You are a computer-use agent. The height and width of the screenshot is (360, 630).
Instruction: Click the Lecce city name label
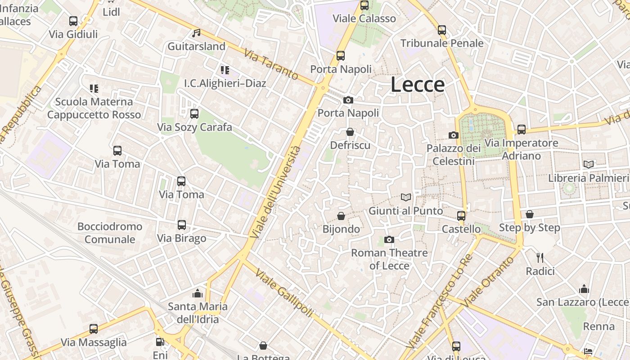click(x=418, y=84)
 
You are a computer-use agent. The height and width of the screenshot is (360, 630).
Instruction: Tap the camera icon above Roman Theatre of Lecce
click(x=389, y=239)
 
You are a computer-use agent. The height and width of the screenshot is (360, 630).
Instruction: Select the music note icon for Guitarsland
click(x=196, y=33)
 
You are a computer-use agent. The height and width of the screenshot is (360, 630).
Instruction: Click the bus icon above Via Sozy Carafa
click(x=194, y=114)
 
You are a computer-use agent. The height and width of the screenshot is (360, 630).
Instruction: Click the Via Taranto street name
click(x=271, y=64)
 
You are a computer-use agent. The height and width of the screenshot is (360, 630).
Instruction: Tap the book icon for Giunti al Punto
click(x=406, y=197)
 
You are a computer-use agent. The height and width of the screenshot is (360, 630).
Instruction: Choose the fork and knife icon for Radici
click(x=540, y=258)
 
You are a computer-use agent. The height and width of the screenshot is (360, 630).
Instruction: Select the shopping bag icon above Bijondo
click(x=341, y=216)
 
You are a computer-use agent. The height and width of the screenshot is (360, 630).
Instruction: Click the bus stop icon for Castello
click(x=461, y=216)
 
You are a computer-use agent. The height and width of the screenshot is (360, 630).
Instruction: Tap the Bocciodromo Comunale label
click(x=110, y=233)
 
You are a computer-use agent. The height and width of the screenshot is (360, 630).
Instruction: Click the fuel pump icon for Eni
click(x=160, y=342)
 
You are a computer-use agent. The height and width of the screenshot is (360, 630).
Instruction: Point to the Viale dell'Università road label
click(x=275, y=193)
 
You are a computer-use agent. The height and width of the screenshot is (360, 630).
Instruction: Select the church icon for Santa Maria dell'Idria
click(x=198, y=293)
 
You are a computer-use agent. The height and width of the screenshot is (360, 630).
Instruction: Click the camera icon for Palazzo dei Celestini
click(x=454, y=135)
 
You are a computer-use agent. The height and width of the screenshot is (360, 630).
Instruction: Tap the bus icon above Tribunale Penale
click(x=442, y=30)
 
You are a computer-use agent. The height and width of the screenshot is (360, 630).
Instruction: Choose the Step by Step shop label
click(x=530, y=228)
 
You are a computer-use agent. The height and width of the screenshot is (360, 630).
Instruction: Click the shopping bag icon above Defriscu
click(x=350, y=132)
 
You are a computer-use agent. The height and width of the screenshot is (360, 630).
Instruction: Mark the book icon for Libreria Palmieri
click(x=589, y=164)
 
